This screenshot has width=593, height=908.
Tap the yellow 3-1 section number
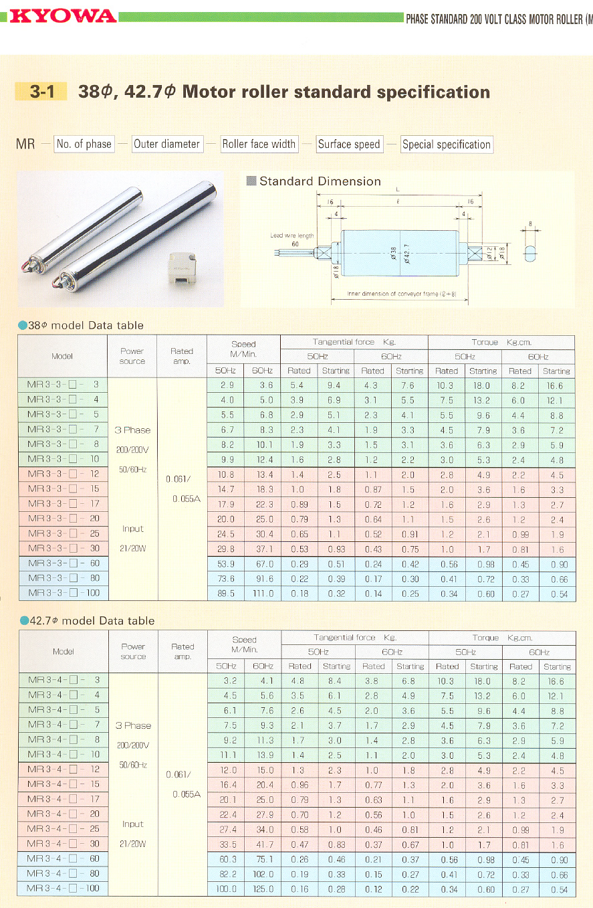(x=41, y=92)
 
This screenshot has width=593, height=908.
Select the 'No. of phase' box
(x=84, y=144)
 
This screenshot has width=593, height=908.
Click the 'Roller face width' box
(x=259, y=144)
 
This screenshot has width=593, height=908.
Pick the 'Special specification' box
(x=447, y=144)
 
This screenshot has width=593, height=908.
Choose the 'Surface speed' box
(x=349, y=144)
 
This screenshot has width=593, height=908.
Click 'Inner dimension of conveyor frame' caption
(x=401, y=294)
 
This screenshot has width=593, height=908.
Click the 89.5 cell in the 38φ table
(x=225, y=594)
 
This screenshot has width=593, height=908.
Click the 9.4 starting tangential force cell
(x=335, y=385)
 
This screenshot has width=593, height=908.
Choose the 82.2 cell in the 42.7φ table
(x=225, y=874)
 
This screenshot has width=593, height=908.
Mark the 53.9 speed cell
(x=225, y=564)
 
